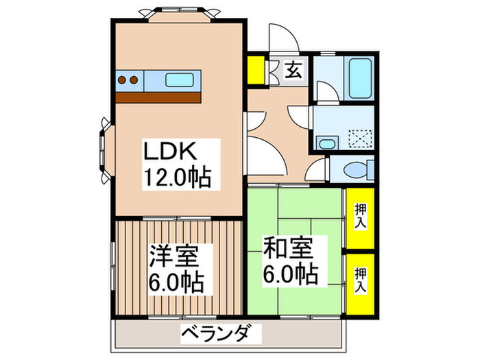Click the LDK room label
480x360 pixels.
click(x=171, y=150)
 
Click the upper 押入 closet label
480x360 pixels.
click(x=360, y=217)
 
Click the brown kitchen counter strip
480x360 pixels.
click(x=158, y=97)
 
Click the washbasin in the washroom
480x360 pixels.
click(x=326, y=143)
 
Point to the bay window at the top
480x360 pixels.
click(x=178, y=12)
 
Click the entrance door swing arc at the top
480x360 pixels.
click(x=280, y=38)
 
